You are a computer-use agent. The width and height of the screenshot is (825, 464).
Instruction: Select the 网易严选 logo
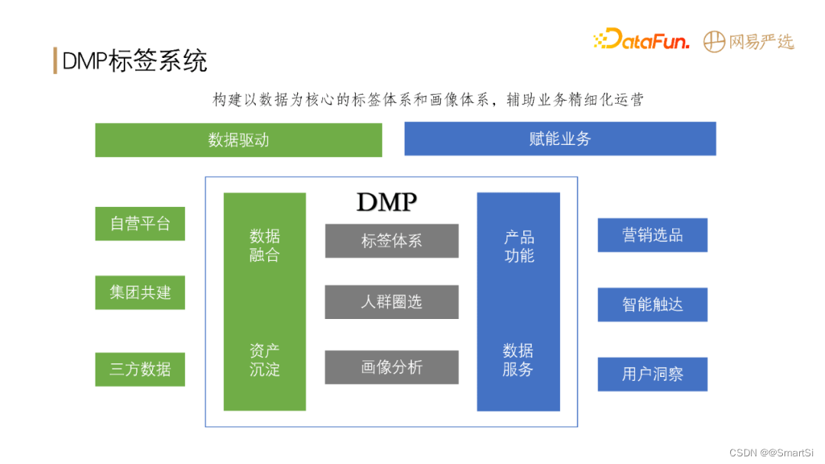coord(749,41)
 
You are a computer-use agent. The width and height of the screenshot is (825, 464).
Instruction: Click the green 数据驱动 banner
coord(238,140)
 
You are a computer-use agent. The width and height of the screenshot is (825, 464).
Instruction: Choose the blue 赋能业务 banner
coord(560,139)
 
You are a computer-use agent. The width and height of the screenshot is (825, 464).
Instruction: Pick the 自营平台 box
coord(140,224)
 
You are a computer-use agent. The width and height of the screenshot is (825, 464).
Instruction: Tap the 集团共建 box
coord(140,292)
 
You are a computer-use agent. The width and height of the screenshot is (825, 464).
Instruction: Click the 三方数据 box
coord(140,369)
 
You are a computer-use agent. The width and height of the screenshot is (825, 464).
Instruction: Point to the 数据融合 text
coord(264,246)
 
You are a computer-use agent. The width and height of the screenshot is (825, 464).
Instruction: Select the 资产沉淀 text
coord(264,360)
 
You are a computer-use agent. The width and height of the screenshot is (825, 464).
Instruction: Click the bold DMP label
coord(387,202)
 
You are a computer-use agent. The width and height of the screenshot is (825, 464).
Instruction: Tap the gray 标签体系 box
coord(392,241)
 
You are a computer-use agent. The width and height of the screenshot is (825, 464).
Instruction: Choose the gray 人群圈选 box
coord(392,302)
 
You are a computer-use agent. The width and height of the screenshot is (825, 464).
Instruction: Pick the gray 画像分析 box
coord(392,367)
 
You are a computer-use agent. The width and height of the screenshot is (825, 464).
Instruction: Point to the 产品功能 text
coord(519,246)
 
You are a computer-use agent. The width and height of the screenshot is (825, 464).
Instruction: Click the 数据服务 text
coord(518,360)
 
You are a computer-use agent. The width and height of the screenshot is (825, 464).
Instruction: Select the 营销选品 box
coord(652,235)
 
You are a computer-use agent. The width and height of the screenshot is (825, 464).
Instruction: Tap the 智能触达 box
coord(652,304)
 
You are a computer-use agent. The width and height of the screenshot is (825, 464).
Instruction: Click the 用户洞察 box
coord(652,374)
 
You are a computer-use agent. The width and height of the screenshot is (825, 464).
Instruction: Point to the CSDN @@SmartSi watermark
coord(772,453)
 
